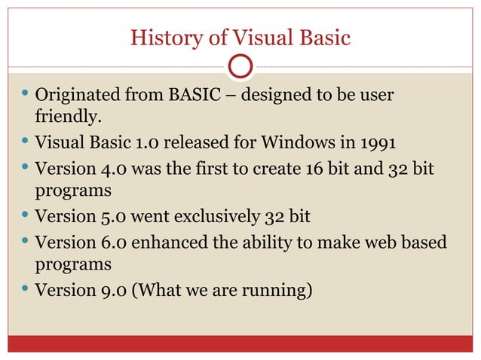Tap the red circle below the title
pos(240,66)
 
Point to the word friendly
pos(66,118)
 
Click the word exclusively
pos(211,218)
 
